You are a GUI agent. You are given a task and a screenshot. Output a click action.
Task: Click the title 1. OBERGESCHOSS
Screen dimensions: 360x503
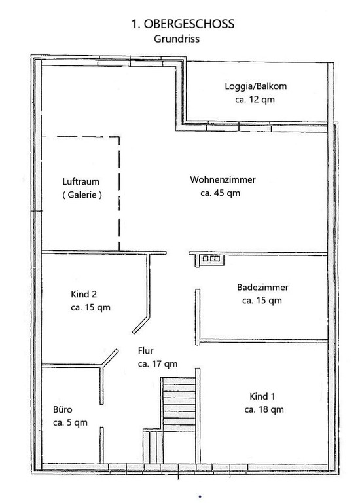[x=183, y=24]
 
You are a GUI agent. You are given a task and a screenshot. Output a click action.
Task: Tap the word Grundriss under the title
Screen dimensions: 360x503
[x=177, y=39]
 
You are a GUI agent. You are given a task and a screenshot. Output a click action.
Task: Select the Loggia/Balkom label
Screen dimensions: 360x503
[x=255, y=86]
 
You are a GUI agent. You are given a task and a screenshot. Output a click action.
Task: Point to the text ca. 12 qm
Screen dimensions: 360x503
[x=255, y=100]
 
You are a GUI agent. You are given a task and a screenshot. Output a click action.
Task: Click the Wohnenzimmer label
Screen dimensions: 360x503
[x=223, y=179]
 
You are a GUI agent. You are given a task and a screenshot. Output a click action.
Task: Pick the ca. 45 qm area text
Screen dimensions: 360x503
[x=220, y=193]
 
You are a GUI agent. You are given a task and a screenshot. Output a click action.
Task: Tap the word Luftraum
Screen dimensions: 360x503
[x=81, y=181]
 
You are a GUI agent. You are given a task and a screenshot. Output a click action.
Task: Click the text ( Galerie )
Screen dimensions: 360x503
[x=82, y=195]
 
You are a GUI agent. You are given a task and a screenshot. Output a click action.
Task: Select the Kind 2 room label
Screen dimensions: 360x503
[x=84, y=294]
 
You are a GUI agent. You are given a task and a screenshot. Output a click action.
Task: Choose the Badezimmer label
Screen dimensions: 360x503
[x=262, y=287]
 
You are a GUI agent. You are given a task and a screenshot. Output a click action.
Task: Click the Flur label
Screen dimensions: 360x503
[x=145, y=350]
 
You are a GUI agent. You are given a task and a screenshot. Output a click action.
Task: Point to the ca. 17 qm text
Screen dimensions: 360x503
[x=157, y=364]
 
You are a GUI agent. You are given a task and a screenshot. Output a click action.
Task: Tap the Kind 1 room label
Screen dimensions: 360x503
[x=262, y=396]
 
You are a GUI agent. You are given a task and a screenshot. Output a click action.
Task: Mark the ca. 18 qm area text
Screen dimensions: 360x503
[x=264, y=409]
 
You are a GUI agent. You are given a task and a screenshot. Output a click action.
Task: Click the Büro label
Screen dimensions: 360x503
[x=63, y=409]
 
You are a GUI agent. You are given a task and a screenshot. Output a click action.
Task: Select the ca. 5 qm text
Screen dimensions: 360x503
[x=70, y=423]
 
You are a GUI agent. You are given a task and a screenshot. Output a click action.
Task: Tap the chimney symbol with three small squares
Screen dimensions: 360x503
[x=211, y=259]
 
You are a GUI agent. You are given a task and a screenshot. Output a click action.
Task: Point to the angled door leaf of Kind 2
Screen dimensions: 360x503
[x=141, y=325]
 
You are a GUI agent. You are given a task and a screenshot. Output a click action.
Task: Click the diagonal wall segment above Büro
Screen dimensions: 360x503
[x=109, y=358]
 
